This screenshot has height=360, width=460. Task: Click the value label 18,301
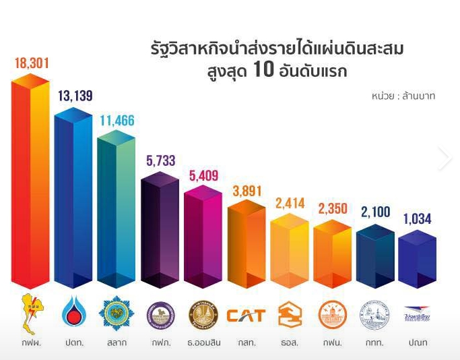pyautogui.click(x=31, y=63)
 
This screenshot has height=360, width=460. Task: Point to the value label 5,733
pyautogui.click(x=160, y=160)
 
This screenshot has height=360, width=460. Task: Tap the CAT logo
pyautogui.click(x=246, y=315)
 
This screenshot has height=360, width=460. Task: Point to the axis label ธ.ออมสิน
pyautogui.click(x=203, y=343)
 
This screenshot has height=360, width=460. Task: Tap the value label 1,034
pyautogui.click(x=418, y=219)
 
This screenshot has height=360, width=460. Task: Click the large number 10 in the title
pyautogui.click(x=265, y=70)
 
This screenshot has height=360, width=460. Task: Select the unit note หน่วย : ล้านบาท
pyautogui.click(x=403, y=96)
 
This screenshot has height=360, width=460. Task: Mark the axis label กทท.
pyautogui.click(x=375, y=343)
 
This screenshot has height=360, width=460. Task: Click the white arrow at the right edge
pyautogui.click(x=444, y=158)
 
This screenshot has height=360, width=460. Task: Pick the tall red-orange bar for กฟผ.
pyautogui.click(x=30, y=182)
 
